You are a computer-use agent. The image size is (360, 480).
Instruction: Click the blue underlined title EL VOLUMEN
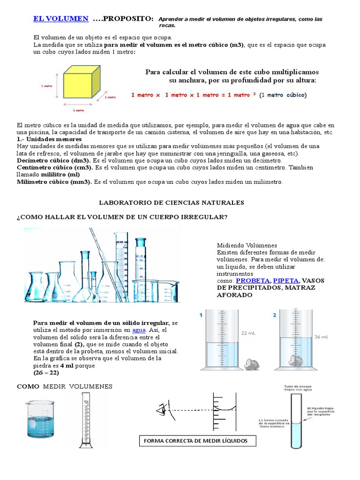60,18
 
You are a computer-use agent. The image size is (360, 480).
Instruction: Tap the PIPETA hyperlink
286,280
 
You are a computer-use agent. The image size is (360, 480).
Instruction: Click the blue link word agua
139,330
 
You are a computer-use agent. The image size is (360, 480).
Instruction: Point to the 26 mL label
321,337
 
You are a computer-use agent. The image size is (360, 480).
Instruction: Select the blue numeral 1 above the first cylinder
201,315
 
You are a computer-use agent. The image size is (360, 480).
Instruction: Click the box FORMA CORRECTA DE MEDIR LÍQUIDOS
200,441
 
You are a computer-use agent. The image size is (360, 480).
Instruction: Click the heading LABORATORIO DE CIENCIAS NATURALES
172,202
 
